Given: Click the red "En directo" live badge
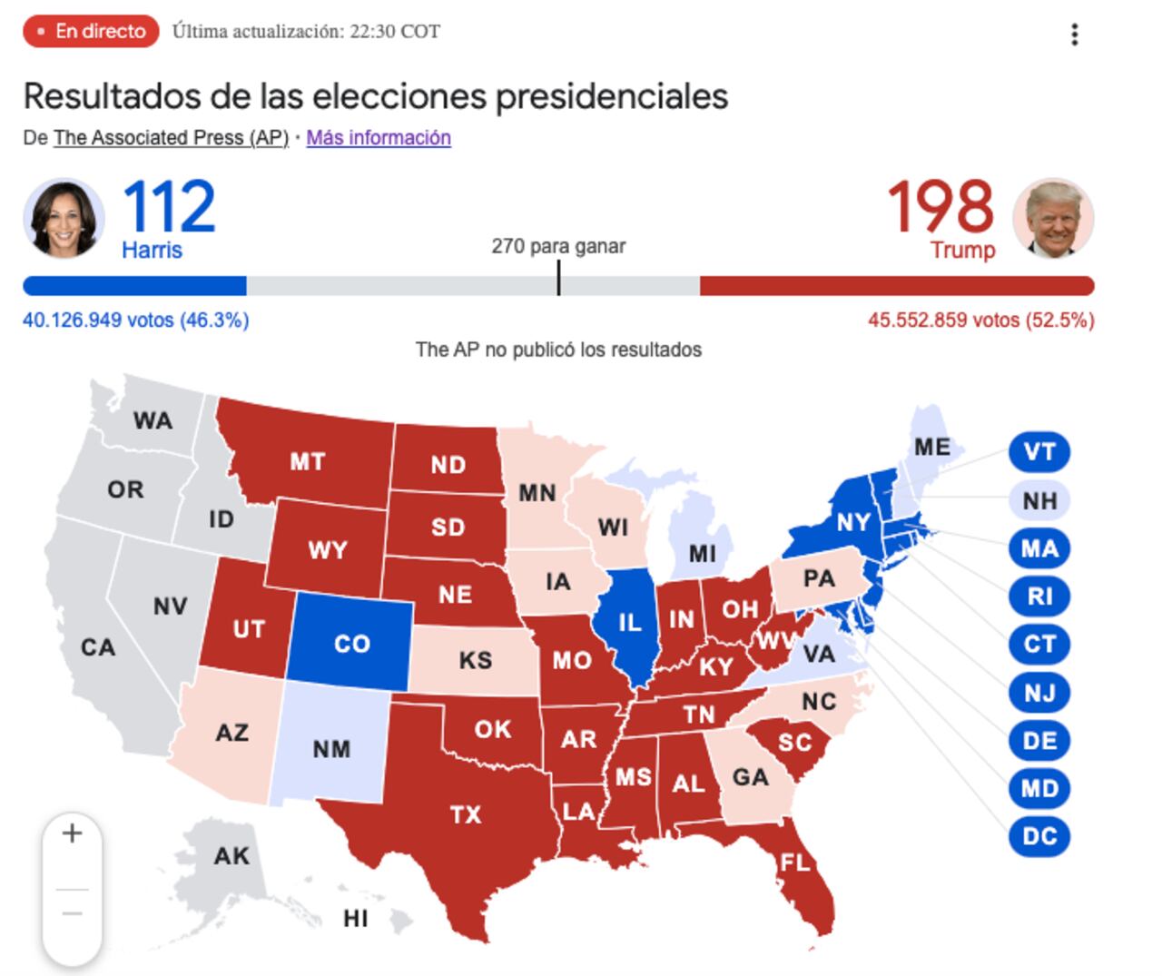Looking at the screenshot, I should coord(91,32).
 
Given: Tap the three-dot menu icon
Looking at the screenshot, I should coord(1075,35).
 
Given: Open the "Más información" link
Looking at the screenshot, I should coord(379,138).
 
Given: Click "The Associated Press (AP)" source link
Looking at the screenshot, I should coord(171,138).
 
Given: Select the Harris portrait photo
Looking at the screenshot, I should coord(64,219).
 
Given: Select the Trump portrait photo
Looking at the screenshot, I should coord(1053,219).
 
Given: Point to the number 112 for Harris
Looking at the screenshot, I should coord(169,207).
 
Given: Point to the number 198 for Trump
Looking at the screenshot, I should coord(940,207).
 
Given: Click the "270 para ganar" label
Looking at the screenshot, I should coord(558,246).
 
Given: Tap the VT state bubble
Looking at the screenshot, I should coord(1039,452).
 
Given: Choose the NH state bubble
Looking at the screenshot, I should coord(1039,500).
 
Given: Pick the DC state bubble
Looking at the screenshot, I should coord(1039,836).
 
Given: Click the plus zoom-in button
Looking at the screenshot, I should coord(72,833).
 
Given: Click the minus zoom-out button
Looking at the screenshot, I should coord(72,913).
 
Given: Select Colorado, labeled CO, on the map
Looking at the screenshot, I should coord(351,644).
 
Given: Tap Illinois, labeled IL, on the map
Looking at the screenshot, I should coord(629,623).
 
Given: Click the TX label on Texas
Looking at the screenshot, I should coord(466,814).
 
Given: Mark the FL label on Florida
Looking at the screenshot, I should coord(795,862).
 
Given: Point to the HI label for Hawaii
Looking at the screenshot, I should coord(356,919).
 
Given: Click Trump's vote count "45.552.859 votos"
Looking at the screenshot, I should coord(943,320).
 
